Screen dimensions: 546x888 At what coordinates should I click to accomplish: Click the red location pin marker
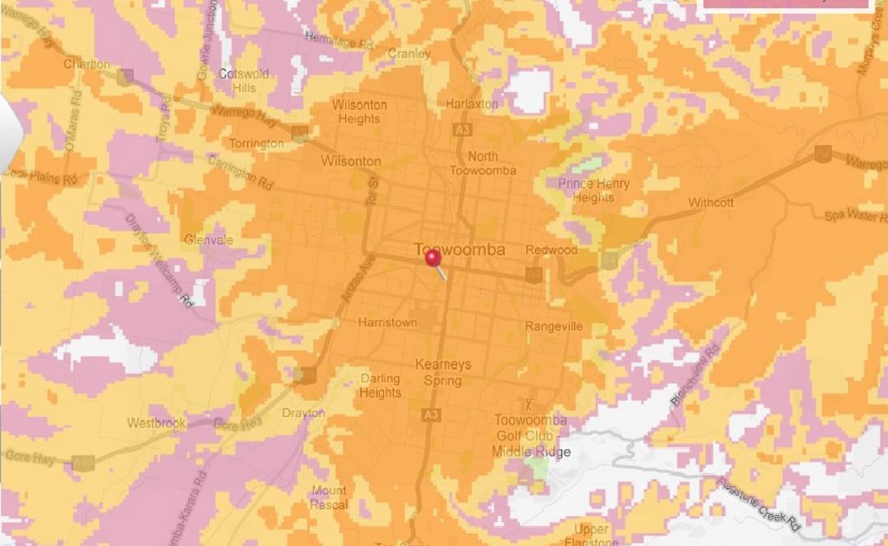pos(433,258)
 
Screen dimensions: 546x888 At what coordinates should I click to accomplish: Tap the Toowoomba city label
pos(460,250)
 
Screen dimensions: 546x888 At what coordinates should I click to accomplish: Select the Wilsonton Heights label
pos(360,112)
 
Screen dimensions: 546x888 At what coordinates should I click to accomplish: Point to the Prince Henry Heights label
pos(594,190)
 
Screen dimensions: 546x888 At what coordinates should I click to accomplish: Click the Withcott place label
pos(711,203)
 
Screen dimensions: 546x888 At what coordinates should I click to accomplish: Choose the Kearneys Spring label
pos(443,372)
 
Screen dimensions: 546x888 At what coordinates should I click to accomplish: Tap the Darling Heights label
pos(381,386)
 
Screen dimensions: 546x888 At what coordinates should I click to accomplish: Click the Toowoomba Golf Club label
pos(531,427)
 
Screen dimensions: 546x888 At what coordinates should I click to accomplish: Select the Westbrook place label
pos(157,424)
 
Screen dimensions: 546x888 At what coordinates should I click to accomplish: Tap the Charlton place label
pos(87,64)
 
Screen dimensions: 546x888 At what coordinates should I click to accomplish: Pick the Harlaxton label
pos(472,104)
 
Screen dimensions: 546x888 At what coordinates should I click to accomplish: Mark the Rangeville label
pos(554,327)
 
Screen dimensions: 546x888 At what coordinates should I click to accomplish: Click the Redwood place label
pos(552,250)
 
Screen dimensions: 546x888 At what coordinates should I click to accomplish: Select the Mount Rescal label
pos(329,497)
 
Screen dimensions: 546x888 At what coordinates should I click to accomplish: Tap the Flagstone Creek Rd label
pos(760,505)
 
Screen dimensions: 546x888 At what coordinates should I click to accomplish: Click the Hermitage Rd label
pos(339,40)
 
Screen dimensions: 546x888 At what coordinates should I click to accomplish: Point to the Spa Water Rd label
pos(856,214)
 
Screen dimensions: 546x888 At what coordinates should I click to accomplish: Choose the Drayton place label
pos(304,413)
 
